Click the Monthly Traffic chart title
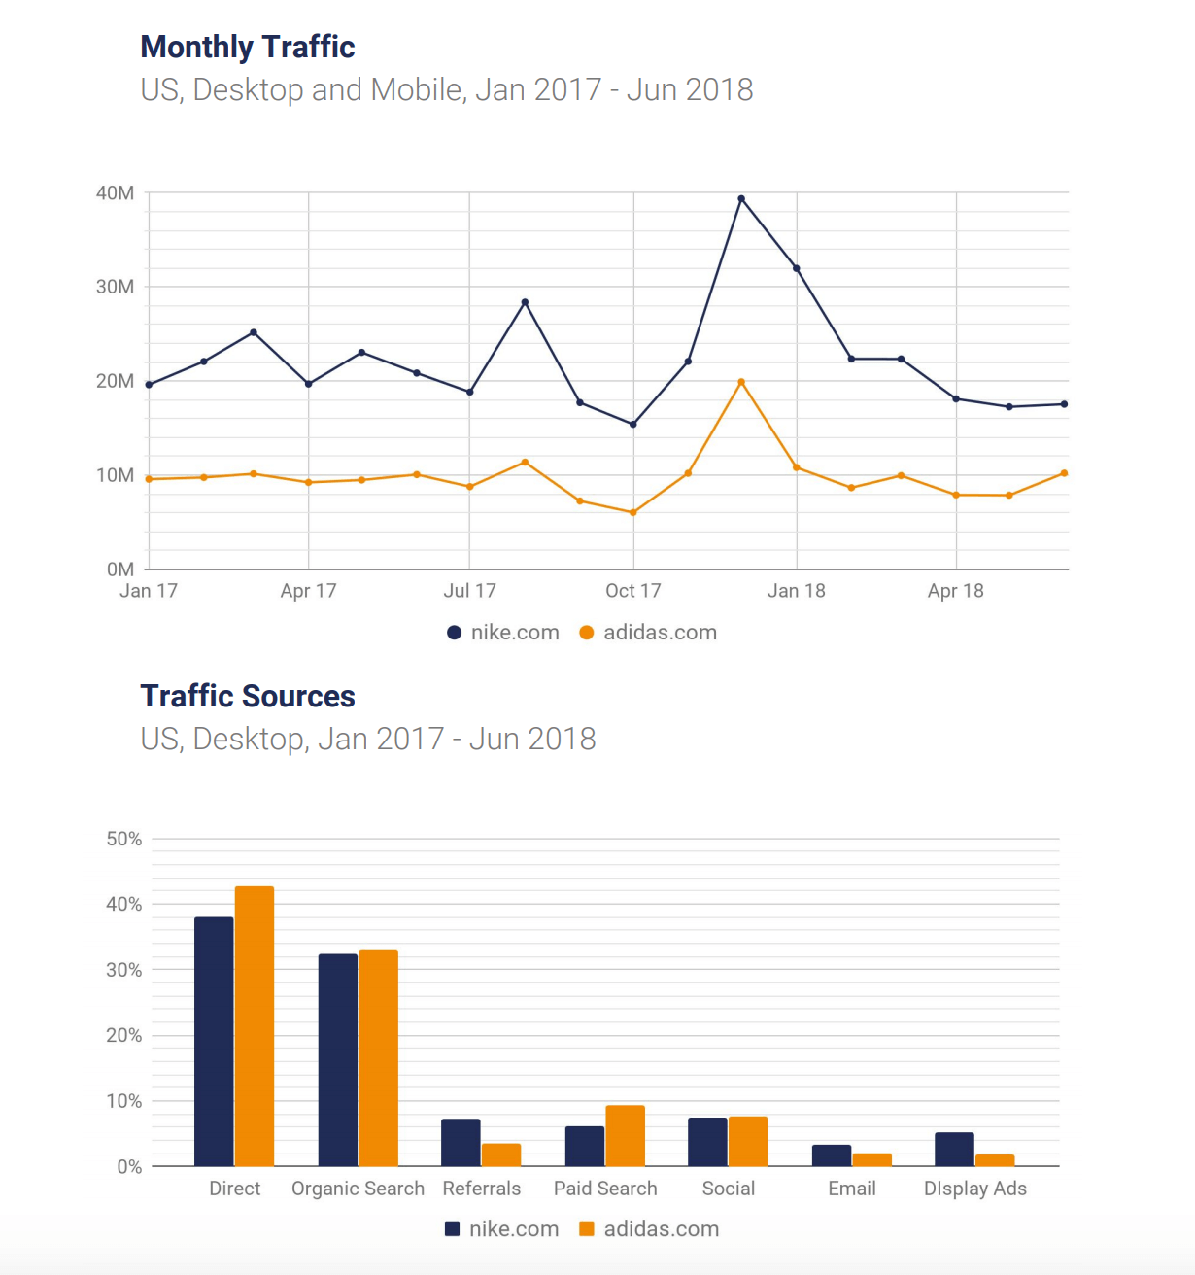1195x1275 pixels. (x=248, y=47)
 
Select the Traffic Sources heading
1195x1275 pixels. (x=248, y=696)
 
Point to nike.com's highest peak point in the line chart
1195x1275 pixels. (x=741, y=199)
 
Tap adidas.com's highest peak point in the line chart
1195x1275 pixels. (x=741, y=382)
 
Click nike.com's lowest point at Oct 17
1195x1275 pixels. (x=633, y=425)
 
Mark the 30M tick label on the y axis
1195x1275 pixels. (x=115, y=287)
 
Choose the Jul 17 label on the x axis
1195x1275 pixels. (x=469, y=591)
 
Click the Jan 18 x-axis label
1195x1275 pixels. (x=797, y=591)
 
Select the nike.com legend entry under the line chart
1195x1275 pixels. (x=503, y=633)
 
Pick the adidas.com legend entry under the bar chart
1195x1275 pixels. (x=649, y=1228)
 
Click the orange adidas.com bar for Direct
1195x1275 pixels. (x=255, y=1026)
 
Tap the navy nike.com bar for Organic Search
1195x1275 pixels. (x=338, y=1060)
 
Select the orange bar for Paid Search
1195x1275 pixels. (x=625, y=1136)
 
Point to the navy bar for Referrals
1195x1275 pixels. (x=461, y=1143)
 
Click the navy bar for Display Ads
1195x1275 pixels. (x=954, y=1150)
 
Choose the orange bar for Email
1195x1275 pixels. (x=872, y=1159)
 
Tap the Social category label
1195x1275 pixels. (x=729, y=1189)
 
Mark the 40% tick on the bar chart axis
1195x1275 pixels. (x=124, y=904)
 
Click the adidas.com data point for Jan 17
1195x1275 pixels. (x=149, y=479)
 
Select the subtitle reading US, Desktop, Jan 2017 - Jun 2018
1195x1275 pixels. (x=368, y=739)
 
